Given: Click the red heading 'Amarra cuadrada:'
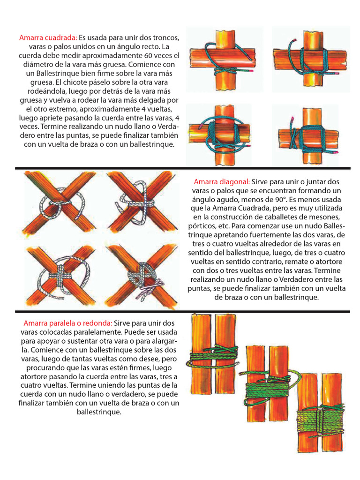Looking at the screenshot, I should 48,37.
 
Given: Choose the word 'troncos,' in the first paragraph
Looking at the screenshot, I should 165,37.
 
